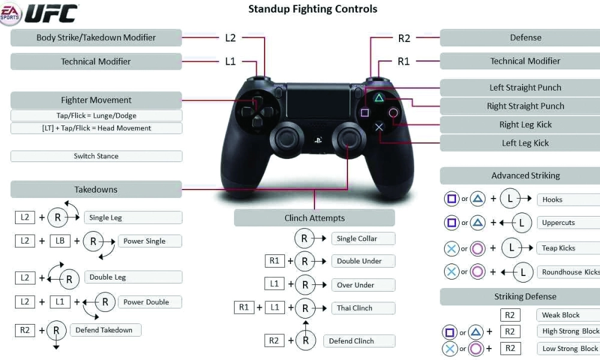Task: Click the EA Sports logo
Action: tap(11, 13)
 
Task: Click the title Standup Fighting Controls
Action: tap(313, 9)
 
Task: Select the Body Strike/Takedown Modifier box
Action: tap(96, 37)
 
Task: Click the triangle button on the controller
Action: tap(379, 97)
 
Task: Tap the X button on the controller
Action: tap(379, 127)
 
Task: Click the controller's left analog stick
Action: tap(281, 138)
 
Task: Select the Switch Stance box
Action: tap(96, 156)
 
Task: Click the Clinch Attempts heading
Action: tap(314, 218)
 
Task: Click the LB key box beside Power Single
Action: tap(60, 241)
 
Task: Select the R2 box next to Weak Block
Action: tap(509, 315)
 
